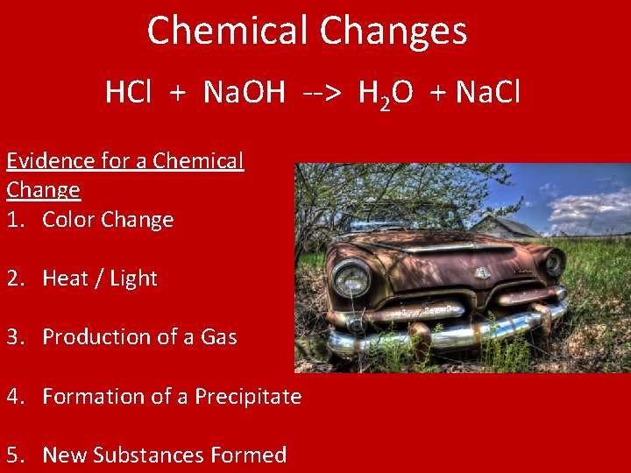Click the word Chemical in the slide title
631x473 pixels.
230,31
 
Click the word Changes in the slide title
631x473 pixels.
393,32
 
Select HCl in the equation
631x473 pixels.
127,92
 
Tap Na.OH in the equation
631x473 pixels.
244,92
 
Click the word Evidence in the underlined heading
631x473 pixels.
50,161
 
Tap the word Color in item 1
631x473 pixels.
68,219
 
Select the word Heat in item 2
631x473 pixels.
65,279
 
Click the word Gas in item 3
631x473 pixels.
219,337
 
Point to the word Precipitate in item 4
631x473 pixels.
248,396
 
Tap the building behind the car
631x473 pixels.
506,227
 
